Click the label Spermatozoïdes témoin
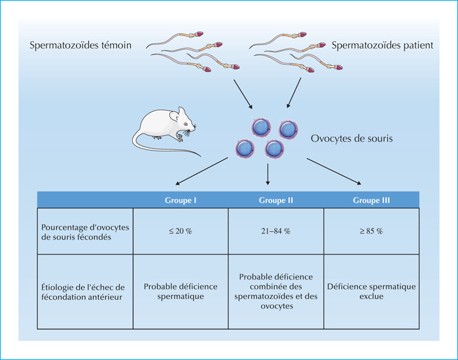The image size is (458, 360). pyautogui.click(x=80, y=45)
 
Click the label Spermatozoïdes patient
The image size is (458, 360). pyautogui.click(x=382, y=45)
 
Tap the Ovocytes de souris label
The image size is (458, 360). pyautogui.click(x=352, y=138)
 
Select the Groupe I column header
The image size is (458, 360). pyautogui.click(x=181, y=200)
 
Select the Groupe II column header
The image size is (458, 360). pyautogui.click(x=275, y=200)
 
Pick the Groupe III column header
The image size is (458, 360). pyautogui.click(x=371, y=200)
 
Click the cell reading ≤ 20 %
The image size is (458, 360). pyautogui.click(x=181, y=231)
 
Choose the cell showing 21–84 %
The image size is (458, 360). pyautogui.click(x=275, y=231)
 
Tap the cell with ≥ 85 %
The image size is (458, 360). pyautogui.click(x=371, y=231)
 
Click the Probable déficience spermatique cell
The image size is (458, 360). pyautogui.click(x=181, y=291)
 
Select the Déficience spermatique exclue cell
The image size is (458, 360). pyautogui.click(x=371, y=291)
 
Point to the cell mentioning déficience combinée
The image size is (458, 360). pyautogui.click(x=275, y=291)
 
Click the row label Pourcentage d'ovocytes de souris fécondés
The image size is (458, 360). pyautogui.click(x=85, y=232)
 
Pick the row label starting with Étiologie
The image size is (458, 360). pyautogui.click(x=83, y=292)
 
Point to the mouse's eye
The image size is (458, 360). pyautogui.click(x=186, y=124)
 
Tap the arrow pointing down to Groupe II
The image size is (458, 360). pyautogui.click(x=268, y=175)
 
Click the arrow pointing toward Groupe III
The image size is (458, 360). pyautogui.click(x=334, y=171)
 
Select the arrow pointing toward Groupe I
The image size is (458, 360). pyautogui.click(x=202, y=171)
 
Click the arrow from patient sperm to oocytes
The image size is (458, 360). pyautogui.click(x=294, y=93)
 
